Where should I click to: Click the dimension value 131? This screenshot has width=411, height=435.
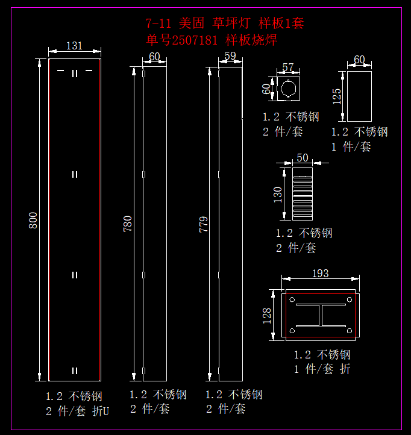click(x=74, y=46)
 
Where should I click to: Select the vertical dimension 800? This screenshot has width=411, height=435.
click(x=34, y=219)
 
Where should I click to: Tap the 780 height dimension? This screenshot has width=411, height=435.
click(x=128, y=224)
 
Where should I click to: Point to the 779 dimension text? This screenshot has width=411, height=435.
click(x=204, y=224)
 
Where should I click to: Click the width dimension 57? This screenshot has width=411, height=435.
click(x=288, y=67)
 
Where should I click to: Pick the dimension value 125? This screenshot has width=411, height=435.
click(x=337, y=96)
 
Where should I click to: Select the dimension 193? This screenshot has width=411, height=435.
click(x=321, y=274)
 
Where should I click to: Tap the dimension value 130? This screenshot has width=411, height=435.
click(x=278, y=195)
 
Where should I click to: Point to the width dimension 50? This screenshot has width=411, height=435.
click(x=303, y=158)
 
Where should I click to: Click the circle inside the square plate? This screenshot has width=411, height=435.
click(x=289, y=89)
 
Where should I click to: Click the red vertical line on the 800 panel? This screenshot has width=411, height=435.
click(x=49, y=219)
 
